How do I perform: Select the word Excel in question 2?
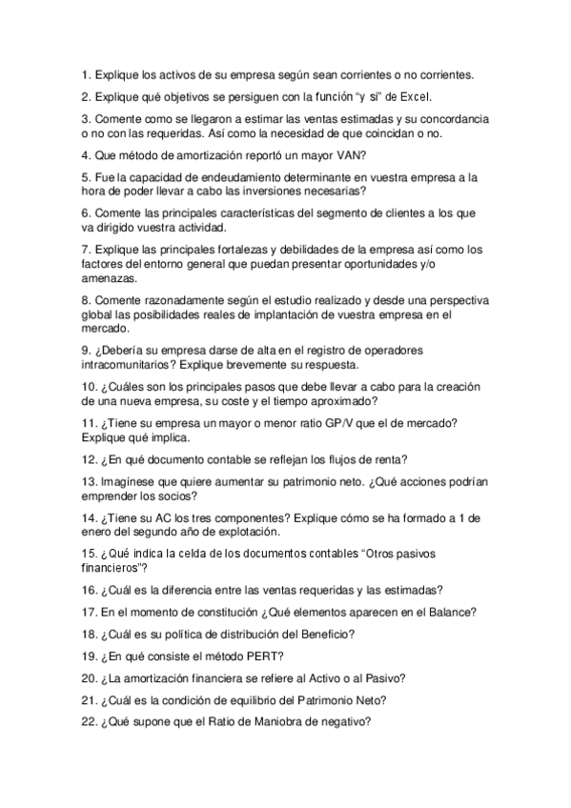(417, 96)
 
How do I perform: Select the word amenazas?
(109, 279)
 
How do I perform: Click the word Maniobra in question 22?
(288, 721)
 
